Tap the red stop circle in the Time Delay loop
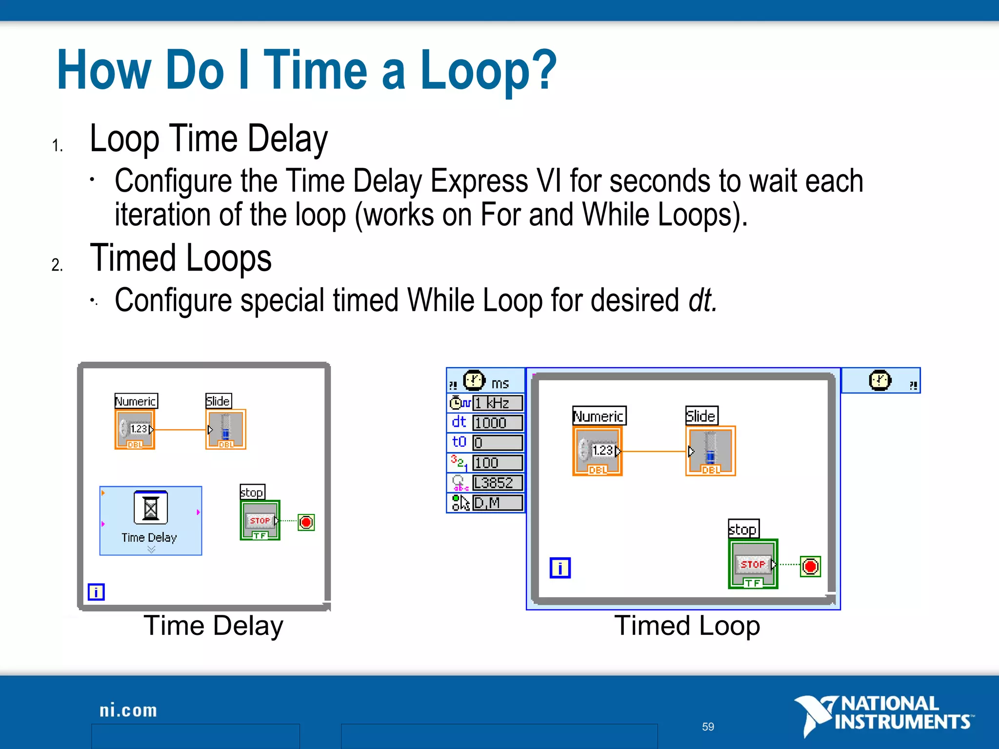306,522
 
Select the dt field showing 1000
497,423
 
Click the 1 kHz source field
497,403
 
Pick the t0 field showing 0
497,443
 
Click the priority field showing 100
497,463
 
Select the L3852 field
497,483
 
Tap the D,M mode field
497,503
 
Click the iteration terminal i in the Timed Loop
560,568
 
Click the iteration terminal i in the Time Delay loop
96,592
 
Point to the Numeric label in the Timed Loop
599,416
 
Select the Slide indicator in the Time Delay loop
225,429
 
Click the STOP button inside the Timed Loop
753,564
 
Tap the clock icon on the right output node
880,380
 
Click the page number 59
708,727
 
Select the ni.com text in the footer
128,710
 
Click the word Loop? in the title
488,71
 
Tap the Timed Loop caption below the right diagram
687,626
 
